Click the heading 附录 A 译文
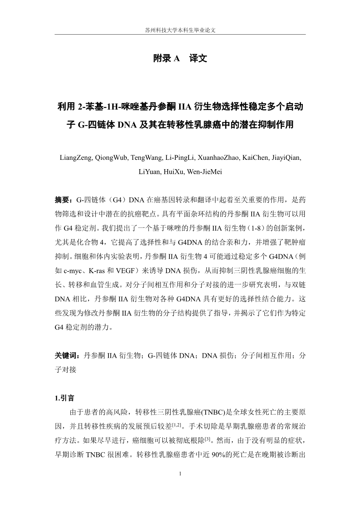click(x=180, y=59)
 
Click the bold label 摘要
click(x=62, y=200)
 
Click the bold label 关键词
click(x=65, y=355)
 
